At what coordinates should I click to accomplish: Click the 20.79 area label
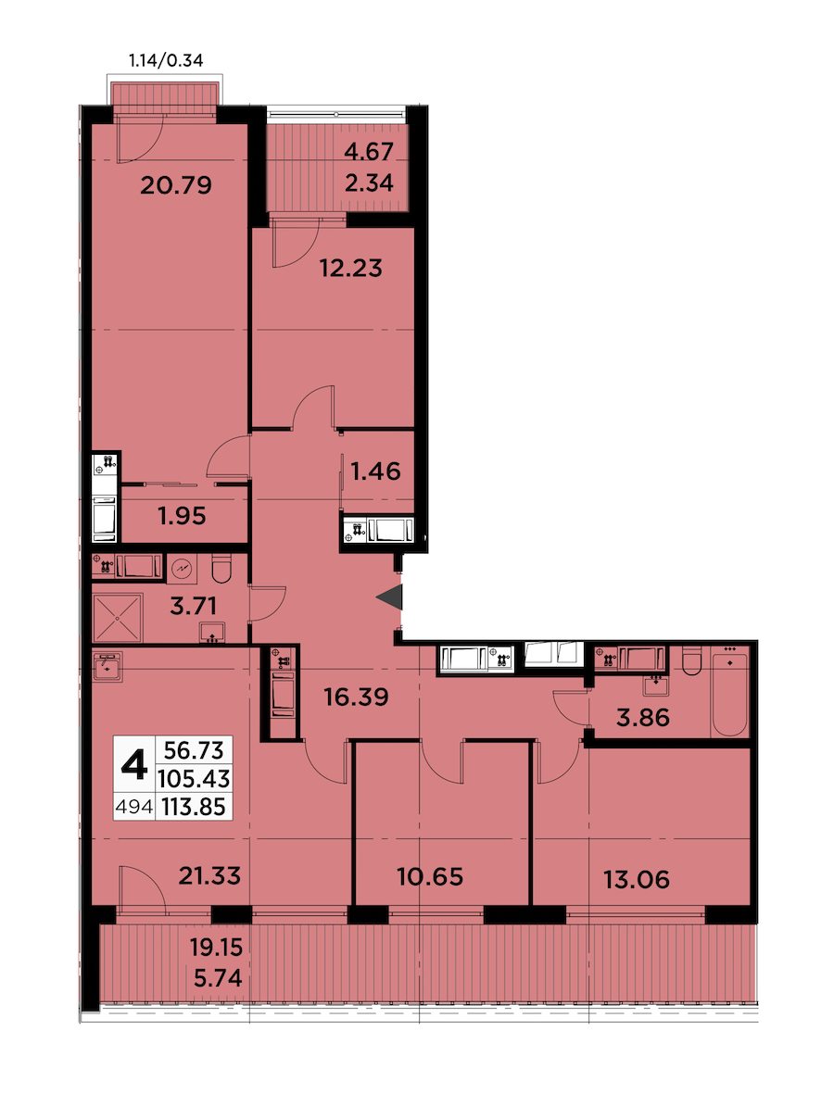[x=176, y=184]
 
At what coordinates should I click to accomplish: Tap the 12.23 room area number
[x=351, y=268]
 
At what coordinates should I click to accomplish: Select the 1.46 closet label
[x=376, y=471]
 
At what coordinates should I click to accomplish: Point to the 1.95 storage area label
[x=182, y=516]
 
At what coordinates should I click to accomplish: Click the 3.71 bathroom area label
[x=193, y=605]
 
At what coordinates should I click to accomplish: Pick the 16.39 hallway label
[x=357, y=697]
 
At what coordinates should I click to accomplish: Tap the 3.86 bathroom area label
[x=643, y=717]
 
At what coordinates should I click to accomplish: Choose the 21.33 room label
[x=209, y=875]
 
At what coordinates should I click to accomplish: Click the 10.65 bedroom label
[x=430, y=877]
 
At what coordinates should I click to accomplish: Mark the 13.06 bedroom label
[x=637, y=880]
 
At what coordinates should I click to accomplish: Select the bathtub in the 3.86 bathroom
[x=729, y=692]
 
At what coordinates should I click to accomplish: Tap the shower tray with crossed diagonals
[x=118, y=618]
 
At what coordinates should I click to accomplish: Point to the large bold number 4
[x=133, y=765]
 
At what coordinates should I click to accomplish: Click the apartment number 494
[x=133, y=807]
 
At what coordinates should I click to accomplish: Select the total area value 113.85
[x=194, y=807]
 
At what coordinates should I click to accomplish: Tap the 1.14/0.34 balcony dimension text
[x=166, y=60]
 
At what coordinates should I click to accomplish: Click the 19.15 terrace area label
[x=216, y=948]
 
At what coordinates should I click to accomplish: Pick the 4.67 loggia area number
[x=369, y=151]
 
